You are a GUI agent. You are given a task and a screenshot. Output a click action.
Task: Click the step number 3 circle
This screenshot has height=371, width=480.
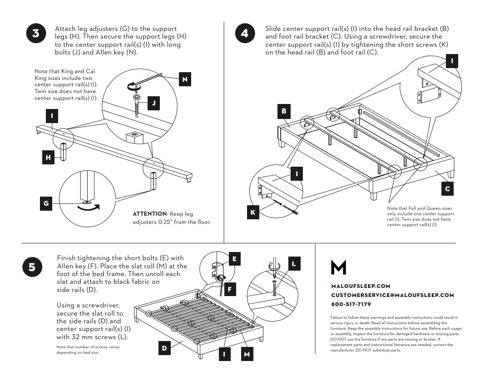click(x=36, y=34)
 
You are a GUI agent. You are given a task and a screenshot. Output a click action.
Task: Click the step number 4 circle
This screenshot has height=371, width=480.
click(x=245, y=33)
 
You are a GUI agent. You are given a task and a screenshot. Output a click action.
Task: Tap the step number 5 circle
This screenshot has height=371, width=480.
click(x=32, y=267)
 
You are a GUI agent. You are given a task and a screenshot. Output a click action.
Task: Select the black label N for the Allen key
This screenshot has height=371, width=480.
click(x=184, y=79)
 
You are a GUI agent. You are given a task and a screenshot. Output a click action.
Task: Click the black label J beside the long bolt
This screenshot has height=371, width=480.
click(x=154, y=104)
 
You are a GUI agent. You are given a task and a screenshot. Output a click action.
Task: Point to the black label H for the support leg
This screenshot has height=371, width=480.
click(x=48, y=158)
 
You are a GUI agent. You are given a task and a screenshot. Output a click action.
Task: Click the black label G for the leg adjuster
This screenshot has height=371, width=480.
click(x=46, y=203)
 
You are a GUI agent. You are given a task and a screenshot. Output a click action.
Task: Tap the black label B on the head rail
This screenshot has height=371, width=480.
click(x=284, y=111)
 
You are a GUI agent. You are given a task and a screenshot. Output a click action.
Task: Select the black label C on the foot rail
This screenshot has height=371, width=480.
click(x=447, y=188)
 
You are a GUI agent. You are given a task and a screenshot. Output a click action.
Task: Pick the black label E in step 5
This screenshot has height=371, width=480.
click(x=234, y=259)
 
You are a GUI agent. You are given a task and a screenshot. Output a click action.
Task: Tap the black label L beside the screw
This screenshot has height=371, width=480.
click(x=294, y=263)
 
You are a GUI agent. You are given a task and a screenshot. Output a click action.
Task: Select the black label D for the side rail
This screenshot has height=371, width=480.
click(x=164, y=348)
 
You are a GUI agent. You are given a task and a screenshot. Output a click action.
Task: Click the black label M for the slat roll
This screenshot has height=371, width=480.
click(x=247, y=354)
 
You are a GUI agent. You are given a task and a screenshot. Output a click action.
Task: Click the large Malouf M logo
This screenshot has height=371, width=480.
click(x=338, y=267)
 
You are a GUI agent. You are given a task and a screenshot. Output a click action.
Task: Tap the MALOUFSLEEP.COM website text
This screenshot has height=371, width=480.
click(x=361, y=286)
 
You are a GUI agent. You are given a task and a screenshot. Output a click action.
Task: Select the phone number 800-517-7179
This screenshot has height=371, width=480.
click(x=351, y=304)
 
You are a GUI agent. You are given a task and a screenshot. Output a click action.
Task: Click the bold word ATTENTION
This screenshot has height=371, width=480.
click(x=149, y=213)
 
